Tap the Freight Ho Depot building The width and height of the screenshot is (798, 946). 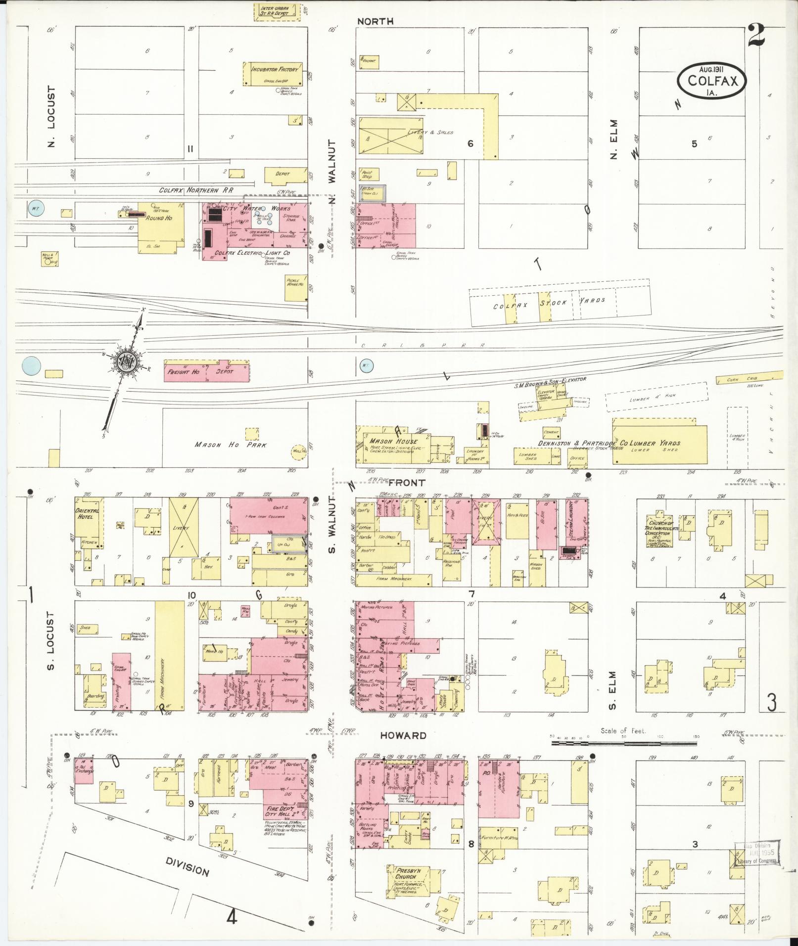tap(206, 371)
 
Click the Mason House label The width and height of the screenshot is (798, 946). tap(390, 441)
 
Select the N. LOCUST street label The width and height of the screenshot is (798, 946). tap(52, 117)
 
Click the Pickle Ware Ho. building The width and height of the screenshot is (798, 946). tap(296, 288)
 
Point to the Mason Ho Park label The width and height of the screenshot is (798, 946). tap(231, 445)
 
